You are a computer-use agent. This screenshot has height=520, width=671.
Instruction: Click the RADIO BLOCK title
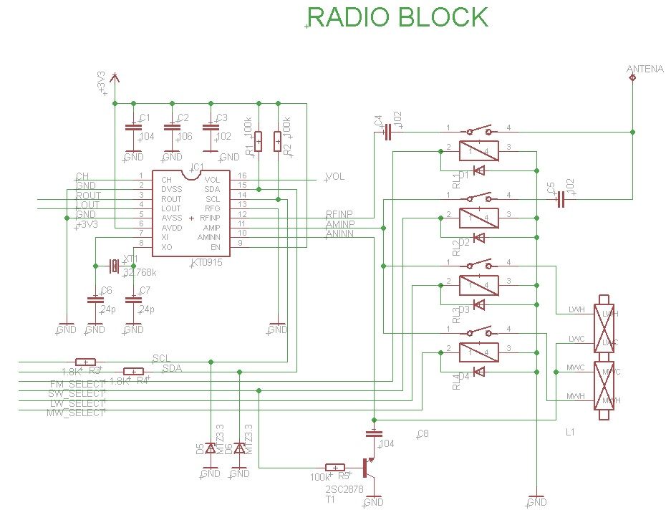point(397,17)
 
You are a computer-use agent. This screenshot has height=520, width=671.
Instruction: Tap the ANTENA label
point(645,69)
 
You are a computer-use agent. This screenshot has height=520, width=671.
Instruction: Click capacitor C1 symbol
point(132,128)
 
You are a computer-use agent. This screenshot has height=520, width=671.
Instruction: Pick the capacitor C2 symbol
point(170,128)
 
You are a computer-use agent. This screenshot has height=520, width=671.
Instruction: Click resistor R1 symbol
point(258,141)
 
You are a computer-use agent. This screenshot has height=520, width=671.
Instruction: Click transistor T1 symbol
point(369,468)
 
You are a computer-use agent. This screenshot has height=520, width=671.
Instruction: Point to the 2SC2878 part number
point(340,490)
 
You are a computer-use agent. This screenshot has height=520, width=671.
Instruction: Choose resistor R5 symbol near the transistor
point(336,468)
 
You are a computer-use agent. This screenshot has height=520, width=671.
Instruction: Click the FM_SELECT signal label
point(77,385)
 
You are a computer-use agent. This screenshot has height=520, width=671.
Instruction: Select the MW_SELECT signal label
point(75,413)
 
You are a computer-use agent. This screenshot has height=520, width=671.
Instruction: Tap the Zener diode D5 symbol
point(210,448)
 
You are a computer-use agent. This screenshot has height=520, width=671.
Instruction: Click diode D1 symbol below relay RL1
point(480,170)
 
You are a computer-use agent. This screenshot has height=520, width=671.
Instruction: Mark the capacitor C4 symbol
point(387,132)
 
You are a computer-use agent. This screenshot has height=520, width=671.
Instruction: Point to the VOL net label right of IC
point(335,176)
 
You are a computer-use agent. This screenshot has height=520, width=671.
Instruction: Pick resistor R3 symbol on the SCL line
point(85,362)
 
